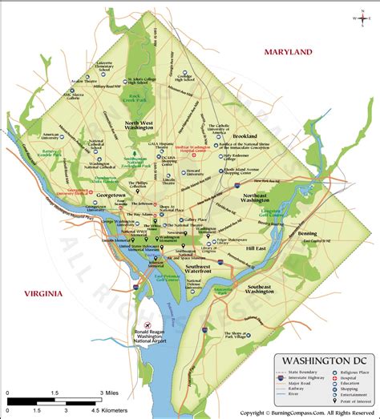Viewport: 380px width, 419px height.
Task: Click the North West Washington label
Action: [144, 126]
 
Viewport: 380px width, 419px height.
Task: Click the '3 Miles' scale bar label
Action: [110, 395]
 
